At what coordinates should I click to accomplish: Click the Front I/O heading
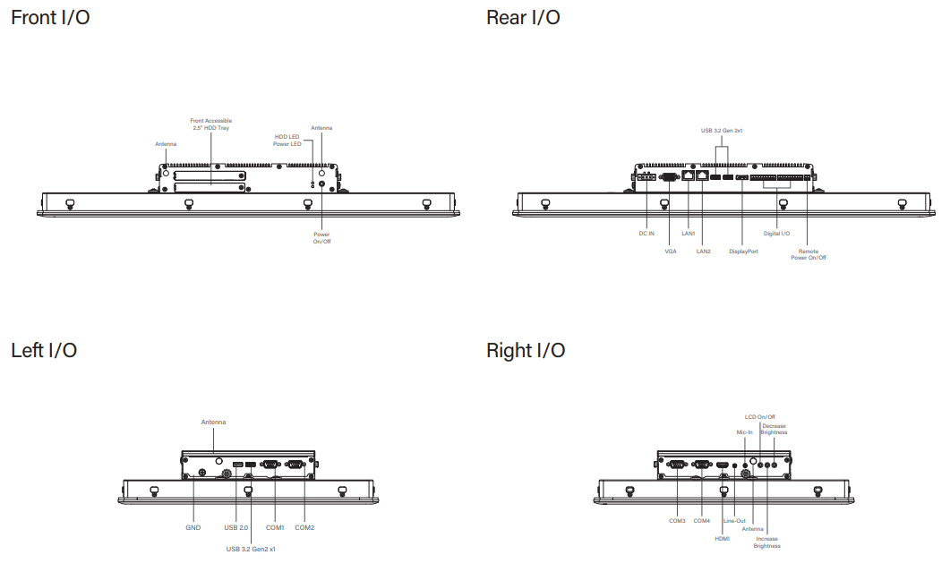coord(50,17)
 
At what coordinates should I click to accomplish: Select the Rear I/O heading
coord(523,17)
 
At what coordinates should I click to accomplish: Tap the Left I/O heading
coord(44,350)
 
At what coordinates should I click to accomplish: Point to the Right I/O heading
coord(526,350)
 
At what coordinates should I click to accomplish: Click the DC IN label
coord(646,234)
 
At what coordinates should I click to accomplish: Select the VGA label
coord(671,252)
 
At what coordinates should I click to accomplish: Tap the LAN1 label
coord(688,234)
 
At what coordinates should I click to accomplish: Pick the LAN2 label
coord(704,252)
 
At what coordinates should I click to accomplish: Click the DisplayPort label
coord(743,252)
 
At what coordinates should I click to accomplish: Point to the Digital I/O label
coord(776,234)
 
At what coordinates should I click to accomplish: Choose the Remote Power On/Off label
coord(808,254)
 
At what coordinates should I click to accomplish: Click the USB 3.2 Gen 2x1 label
coord(722,131)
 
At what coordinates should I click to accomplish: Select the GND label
coord(193,527)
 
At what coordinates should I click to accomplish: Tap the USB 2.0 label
coord(236,527)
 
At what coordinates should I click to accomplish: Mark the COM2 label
coord(304,527)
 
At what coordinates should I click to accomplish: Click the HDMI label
coord(722,539)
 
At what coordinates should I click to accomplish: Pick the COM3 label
coord(677,520)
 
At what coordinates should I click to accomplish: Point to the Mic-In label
coord(744,432)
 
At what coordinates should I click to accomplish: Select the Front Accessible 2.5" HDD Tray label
coord(211,124)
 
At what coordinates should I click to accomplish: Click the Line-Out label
coord(734,520)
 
